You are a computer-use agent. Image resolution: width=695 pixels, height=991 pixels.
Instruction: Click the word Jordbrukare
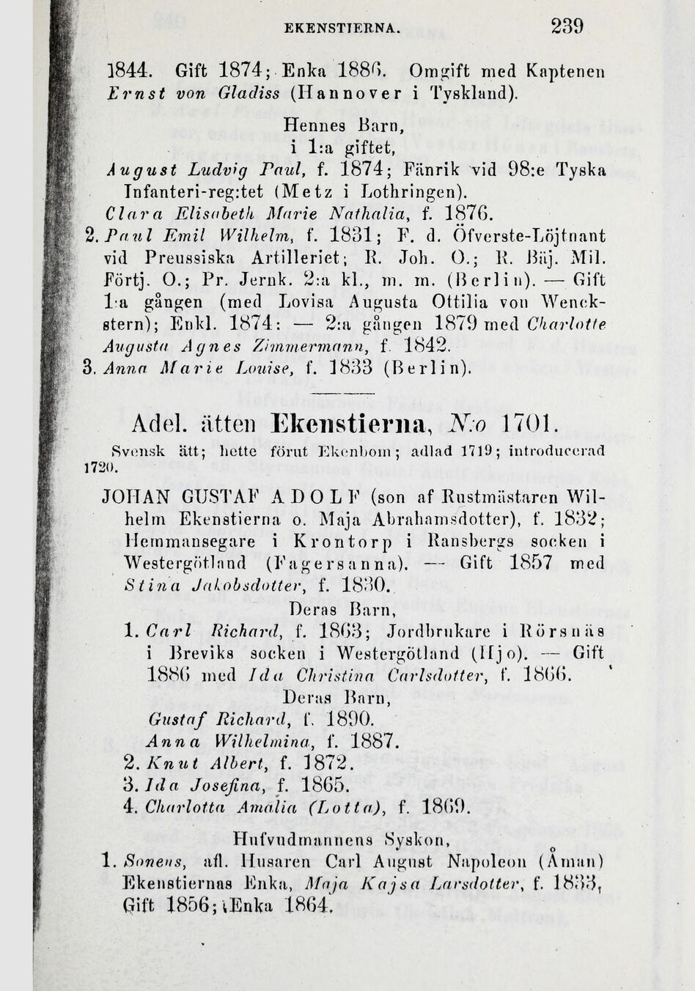coord(404,628)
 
